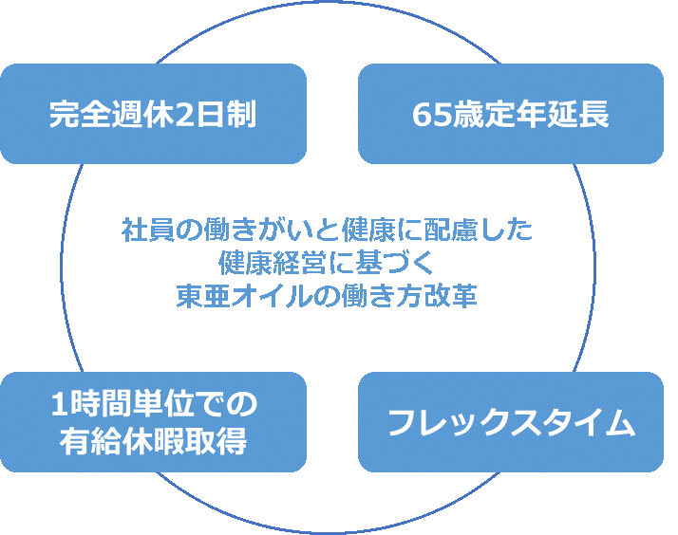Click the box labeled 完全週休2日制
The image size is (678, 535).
click(153, 114)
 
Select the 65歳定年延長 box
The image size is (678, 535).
click(510, 114)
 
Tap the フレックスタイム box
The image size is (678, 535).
click(510, 422)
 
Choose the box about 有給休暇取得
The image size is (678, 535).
click(153, 422)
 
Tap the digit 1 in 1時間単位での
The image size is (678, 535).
click(59, 406)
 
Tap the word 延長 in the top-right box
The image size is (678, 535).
click(581, 115)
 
